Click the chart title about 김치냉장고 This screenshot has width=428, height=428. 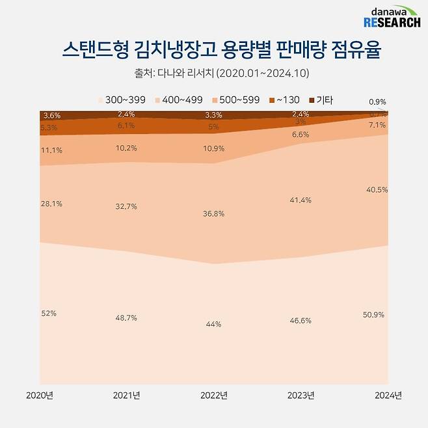click(214, 50)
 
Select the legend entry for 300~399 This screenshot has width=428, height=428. click(121, 100)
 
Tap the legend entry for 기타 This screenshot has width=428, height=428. click(321, 100)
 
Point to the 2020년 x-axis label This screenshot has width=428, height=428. click(40, 395)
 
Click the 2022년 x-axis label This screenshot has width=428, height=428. click(214, 395)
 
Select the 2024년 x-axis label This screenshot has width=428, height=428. click(388, 395)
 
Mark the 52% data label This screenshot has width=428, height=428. click(49, 313)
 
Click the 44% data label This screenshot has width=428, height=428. click(214, 324)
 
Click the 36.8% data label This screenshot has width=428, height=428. click(214, 214)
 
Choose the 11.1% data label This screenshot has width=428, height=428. click(51, 149)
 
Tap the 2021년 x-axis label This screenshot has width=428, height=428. click(127, 395)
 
